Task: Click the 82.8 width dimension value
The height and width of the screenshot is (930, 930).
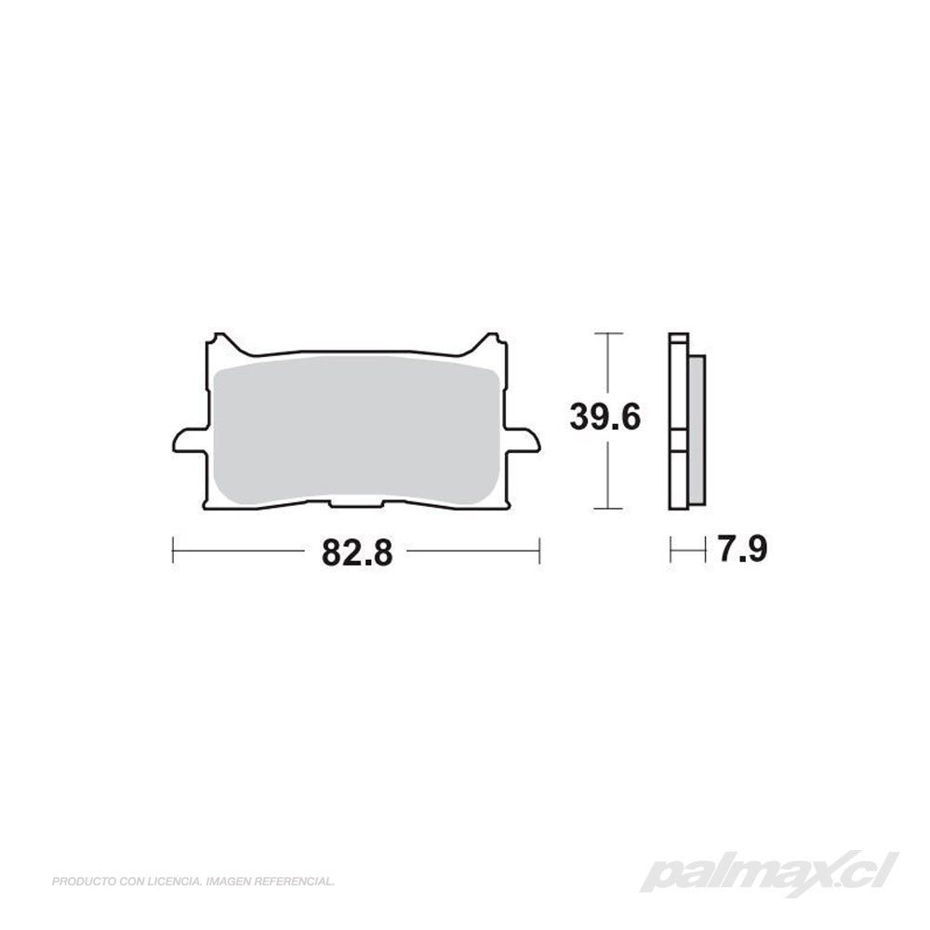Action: [357, 552]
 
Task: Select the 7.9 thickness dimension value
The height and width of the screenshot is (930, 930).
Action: [742, 549]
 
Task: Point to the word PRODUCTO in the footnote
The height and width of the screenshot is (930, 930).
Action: [79, 883]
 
